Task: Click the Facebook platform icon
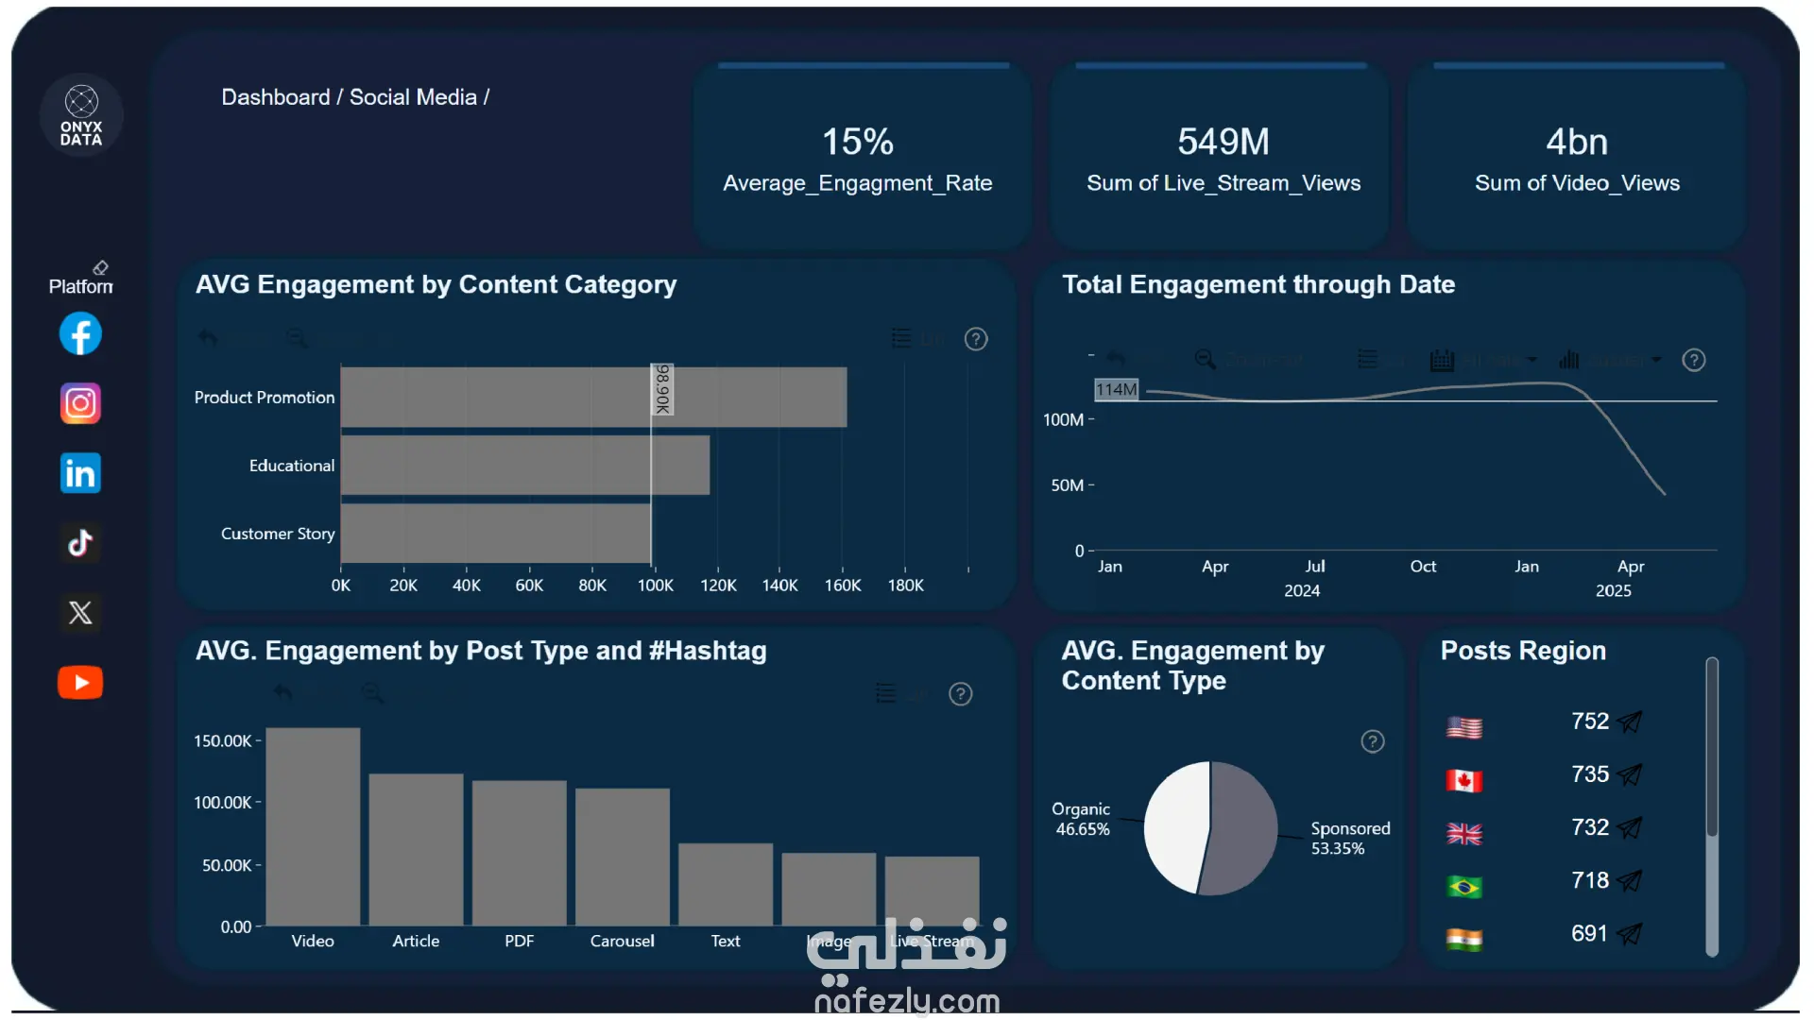(x=80, y=334)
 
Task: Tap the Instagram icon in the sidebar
(x=80, y=404)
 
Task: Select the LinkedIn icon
(x=80, y=473)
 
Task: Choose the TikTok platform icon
(x=80, y=543)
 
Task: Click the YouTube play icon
(x=80, y=683)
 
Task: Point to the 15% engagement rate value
(x=857, y=142)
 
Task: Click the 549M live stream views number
(x=1223, y=142)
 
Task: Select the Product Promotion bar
(x=593, y=397)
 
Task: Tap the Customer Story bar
(x=495, y=534)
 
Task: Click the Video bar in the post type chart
(x=313, y=826)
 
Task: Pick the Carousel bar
(x=622, y=857)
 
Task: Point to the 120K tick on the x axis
(x=718, y=586)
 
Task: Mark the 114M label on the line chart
(x=1116, y=389)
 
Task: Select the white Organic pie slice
(x=1175, y=826)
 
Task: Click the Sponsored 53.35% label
(x=1349, y=838)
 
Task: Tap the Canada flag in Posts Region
(x=1463, y=781)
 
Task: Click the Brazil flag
(x=1463, y=887)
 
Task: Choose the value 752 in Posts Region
(x=1589, y=722)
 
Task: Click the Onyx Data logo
(x=81, y=115)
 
